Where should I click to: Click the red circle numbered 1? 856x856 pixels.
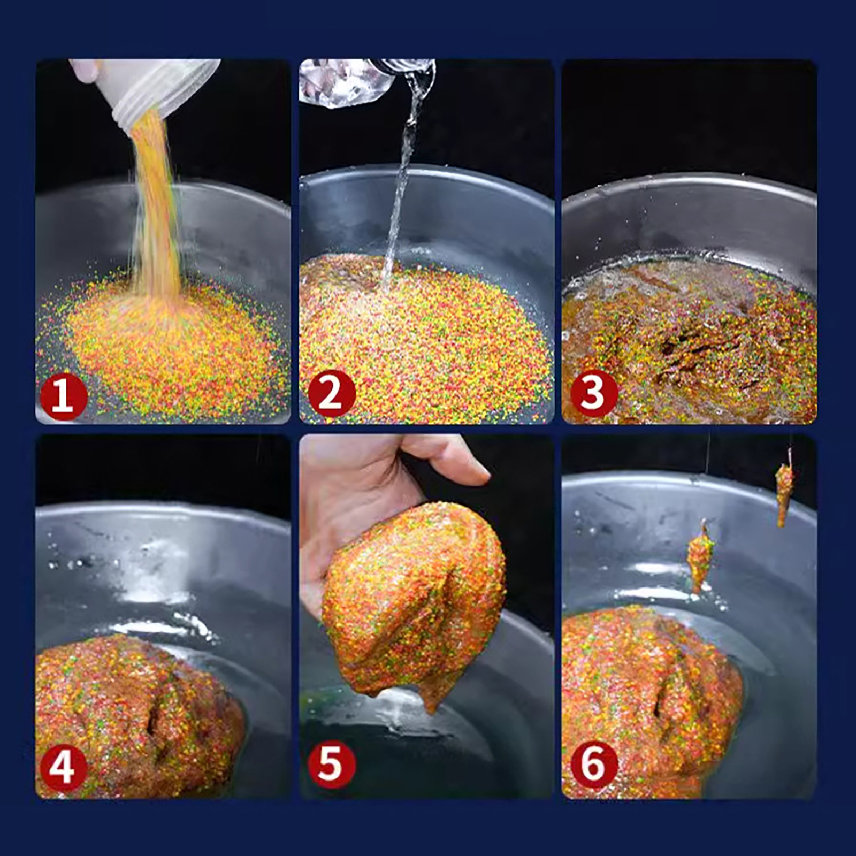tap(63, 396)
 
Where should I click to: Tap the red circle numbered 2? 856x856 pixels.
tap(331, 394)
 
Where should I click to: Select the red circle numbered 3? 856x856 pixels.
tap(594, 395)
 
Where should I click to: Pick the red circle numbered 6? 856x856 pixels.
tap(594, 765)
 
